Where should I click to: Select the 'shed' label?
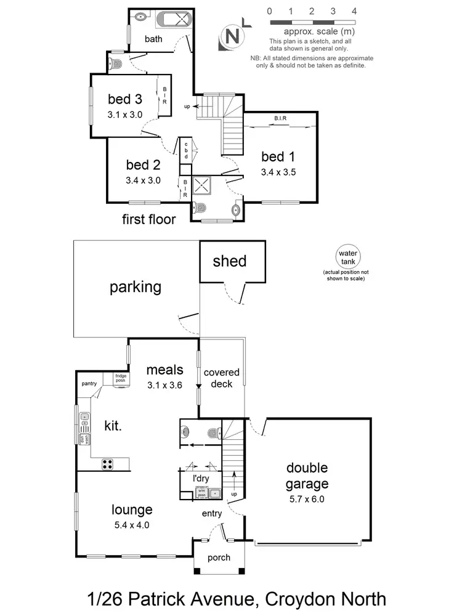[x=229, y=261]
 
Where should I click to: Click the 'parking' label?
[x=136, y=287]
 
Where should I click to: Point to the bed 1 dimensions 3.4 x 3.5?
[x=278, y=172]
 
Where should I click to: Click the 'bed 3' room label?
[x=125, y=99]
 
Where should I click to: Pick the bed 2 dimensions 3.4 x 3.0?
[x=143, y=180]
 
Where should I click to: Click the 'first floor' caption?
[x=148, y=219]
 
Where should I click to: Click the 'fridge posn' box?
[x=121, y=378]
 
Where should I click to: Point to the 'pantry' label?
[x=89, y=384]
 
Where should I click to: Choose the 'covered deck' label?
[x=221, y=378]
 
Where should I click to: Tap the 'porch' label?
[x=219, y=557]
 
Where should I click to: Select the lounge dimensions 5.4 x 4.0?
[x=132, y=525]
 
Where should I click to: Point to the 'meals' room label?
[x=164, y=370]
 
